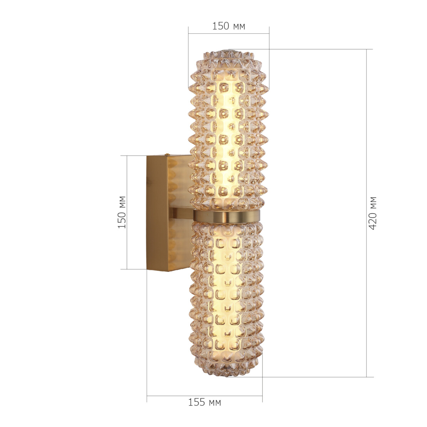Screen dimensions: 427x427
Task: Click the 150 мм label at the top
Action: pyautogui.click(x=228, y=26)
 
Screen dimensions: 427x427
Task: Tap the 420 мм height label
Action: pyautogui.click(x=372, y=213)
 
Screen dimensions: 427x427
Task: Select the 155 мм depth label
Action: pyautogui.click(x=204, y=402)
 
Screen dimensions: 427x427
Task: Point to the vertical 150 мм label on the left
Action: pyautogui.click(x=122, y=212)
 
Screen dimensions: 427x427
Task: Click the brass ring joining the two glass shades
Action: pyautogui.click(x=227, y=216)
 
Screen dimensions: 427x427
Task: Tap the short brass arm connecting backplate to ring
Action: pyautogui.click(x=181, y=213)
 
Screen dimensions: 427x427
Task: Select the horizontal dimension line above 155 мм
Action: pyautogui.click(x=204, y=396)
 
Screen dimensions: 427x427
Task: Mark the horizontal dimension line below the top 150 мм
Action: pyautogui.click(x=228, y=34)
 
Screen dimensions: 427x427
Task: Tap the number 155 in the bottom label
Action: pyautogui.click(x=196, y=402)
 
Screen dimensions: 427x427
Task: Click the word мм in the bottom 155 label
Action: pyautogui.click(x=215, y=403)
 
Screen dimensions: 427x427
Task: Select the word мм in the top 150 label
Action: pyautogui.click(x=239, y=26)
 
